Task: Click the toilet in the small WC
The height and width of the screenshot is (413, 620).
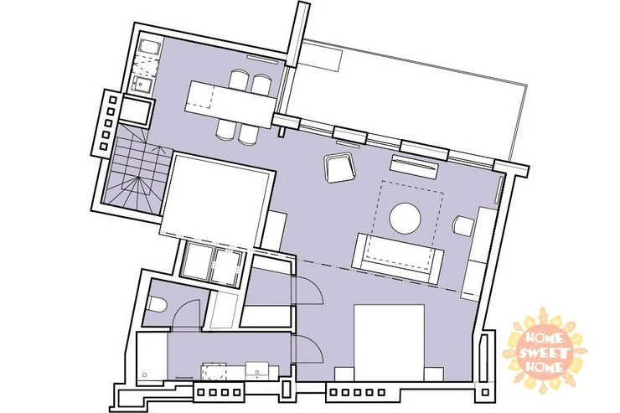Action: click(157, 305)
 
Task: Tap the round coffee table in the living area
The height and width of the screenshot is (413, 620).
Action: click(405, 218)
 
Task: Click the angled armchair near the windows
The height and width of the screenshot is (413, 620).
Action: click(340, 168)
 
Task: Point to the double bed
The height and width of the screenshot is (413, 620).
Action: click(389, 343)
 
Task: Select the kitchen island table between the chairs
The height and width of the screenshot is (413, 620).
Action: click(230, 104)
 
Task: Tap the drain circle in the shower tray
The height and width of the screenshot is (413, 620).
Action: click(145, 374)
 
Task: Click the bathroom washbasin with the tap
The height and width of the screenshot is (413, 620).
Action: click(258, 371)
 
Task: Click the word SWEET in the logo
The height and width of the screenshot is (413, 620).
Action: click(545, 353)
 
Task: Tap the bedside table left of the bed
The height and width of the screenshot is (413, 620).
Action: click(344, 374)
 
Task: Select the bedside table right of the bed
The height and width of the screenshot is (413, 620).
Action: click(434, 374)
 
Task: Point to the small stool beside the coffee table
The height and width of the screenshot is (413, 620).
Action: click(463, 226)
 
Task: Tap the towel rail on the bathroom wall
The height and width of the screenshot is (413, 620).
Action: click(184, 379)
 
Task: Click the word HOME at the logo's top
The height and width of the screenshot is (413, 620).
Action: click(544, 338)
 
